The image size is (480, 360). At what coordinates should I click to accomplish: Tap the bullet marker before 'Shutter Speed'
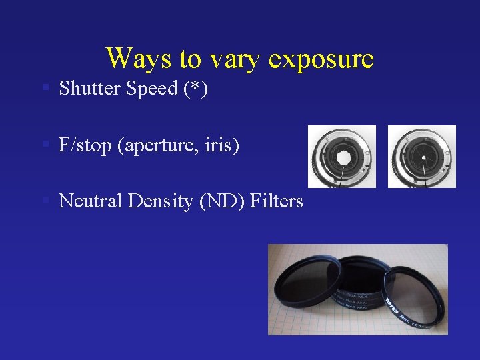pyautogui.click(x=44, y=88)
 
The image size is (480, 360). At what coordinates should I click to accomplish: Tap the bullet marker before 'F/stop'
pyautogui.click(x=44, y=144)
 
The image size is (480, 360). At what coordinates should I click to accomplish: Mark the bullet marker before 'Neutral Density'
pyautogui.click(x=44, y=201)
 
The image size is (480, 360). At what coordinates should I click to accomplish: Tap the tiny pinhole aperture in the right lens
pyautogui.click(x=423, y=157)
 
